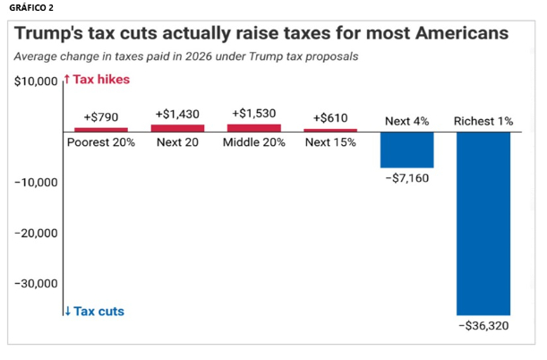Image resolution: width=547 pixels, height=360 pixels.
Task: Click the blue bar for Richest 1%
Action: coord(483,223)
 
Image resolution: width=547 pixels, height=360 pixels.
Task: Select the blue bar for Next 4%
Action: coord(407,150)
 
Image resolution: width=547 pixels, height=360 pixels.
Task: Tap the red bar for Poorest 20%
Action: coord(101,130)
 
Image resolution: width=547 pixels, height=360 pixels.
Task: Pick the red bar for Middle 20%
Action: coord(254,128)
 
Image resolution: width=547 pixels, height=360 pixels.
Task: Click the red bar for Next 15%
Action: coord(330,130)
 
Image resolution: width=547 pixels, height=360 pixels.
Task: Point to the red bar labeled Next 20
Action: coord(178,128)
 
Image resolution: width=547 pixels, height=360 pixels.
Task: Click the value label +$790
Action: coord(101,117)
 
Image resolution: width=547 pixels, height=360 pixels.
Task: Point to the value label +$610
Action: coord(330,118)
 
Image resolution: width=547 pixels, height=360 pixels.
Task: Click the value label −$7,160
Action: coord(407,179)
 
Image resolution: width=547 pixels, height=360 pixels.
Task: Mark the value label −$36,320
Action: coord(483,326)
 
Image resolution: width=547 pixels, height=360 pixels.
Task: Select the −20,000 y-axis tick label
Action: coord(35,233)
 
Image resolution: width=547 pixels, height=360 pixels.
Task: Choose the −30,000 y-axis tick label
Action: coord(35,283)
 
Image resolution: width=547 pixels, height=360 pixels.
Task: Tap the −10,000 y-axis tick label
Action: coord(35,183)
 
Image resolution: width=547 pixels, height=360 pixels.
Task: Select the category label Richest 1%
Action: coord(483,121)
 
